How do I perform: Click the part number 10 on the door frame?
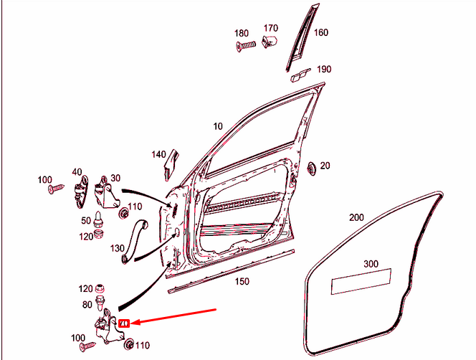point(218,126)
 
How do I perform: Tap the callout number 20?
point(325,166)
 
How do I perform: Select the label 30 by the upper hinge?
point(115,179)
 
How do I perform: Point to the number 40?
point(77,172)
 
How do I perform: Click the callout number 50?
point(85,220)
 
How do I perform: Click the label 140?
point(158,154)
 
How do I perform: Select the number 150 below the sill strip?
point(242,281)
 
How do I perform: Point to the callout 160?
point(320,32)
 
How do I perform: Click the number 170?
point(270,28)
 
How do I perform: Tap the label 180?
point(242,33)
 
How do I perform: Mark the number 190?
point(324,70)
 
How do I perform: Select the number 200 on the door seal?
point(356,217)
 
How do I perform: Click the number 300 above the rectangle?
point(371,264)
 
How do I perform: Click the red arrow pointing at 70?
point(172,317)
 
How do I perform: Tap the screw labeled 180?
point(247,45)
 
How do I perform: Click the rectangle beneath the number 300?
point(361,280)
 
